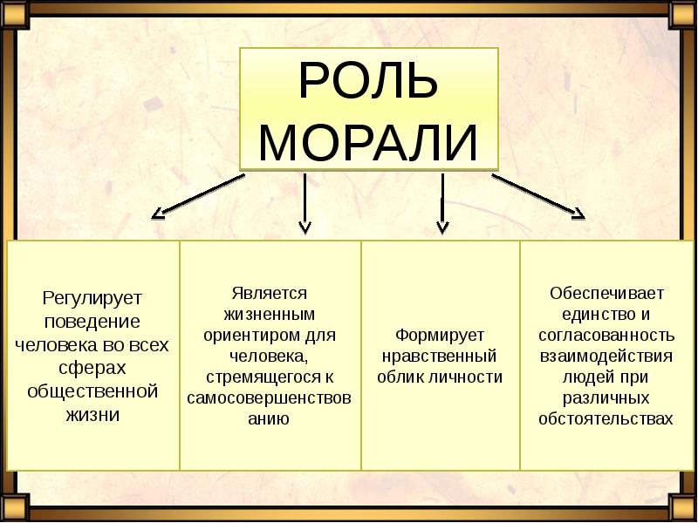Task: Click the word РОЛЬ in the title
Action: pos(368,82)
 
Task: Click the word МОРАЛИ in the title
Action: pos(368,142)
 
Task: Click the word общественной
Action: pos(92,391)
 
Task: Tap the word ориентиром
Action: pos(252,335)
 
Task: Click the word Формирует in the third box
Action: pos(440,335)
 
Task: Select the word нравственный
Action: pos(440,356)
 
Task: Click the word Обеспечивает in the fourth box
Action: pos(607,292)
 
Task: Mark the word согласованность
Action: pos(607,335)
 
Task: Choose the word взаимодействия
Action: pos(607,356)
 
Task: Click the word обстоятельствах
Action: pos(607,419)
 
